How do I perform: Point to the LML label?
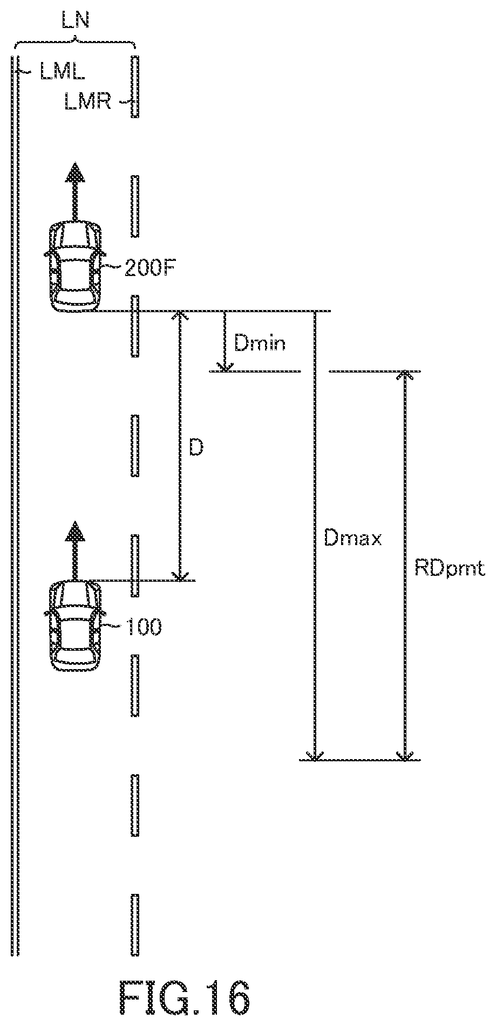coord(62,71)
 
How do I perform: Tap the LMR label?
coord(88,101)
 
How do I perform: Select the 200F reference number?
coord(151,267)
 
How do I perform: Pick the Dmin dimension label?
coord(260,343)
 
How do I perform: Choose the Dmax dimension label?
coord(354,538)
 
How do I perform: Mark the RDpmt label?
coord(450,568)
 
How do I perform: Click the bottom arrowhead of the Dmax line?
coord(315,754)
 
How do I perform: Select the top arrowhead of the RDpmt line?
coord(404,376)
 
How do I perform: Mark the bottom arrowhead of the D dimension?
coord(180,575)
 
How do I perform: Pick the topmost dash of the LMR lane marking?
coord(134,87)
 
